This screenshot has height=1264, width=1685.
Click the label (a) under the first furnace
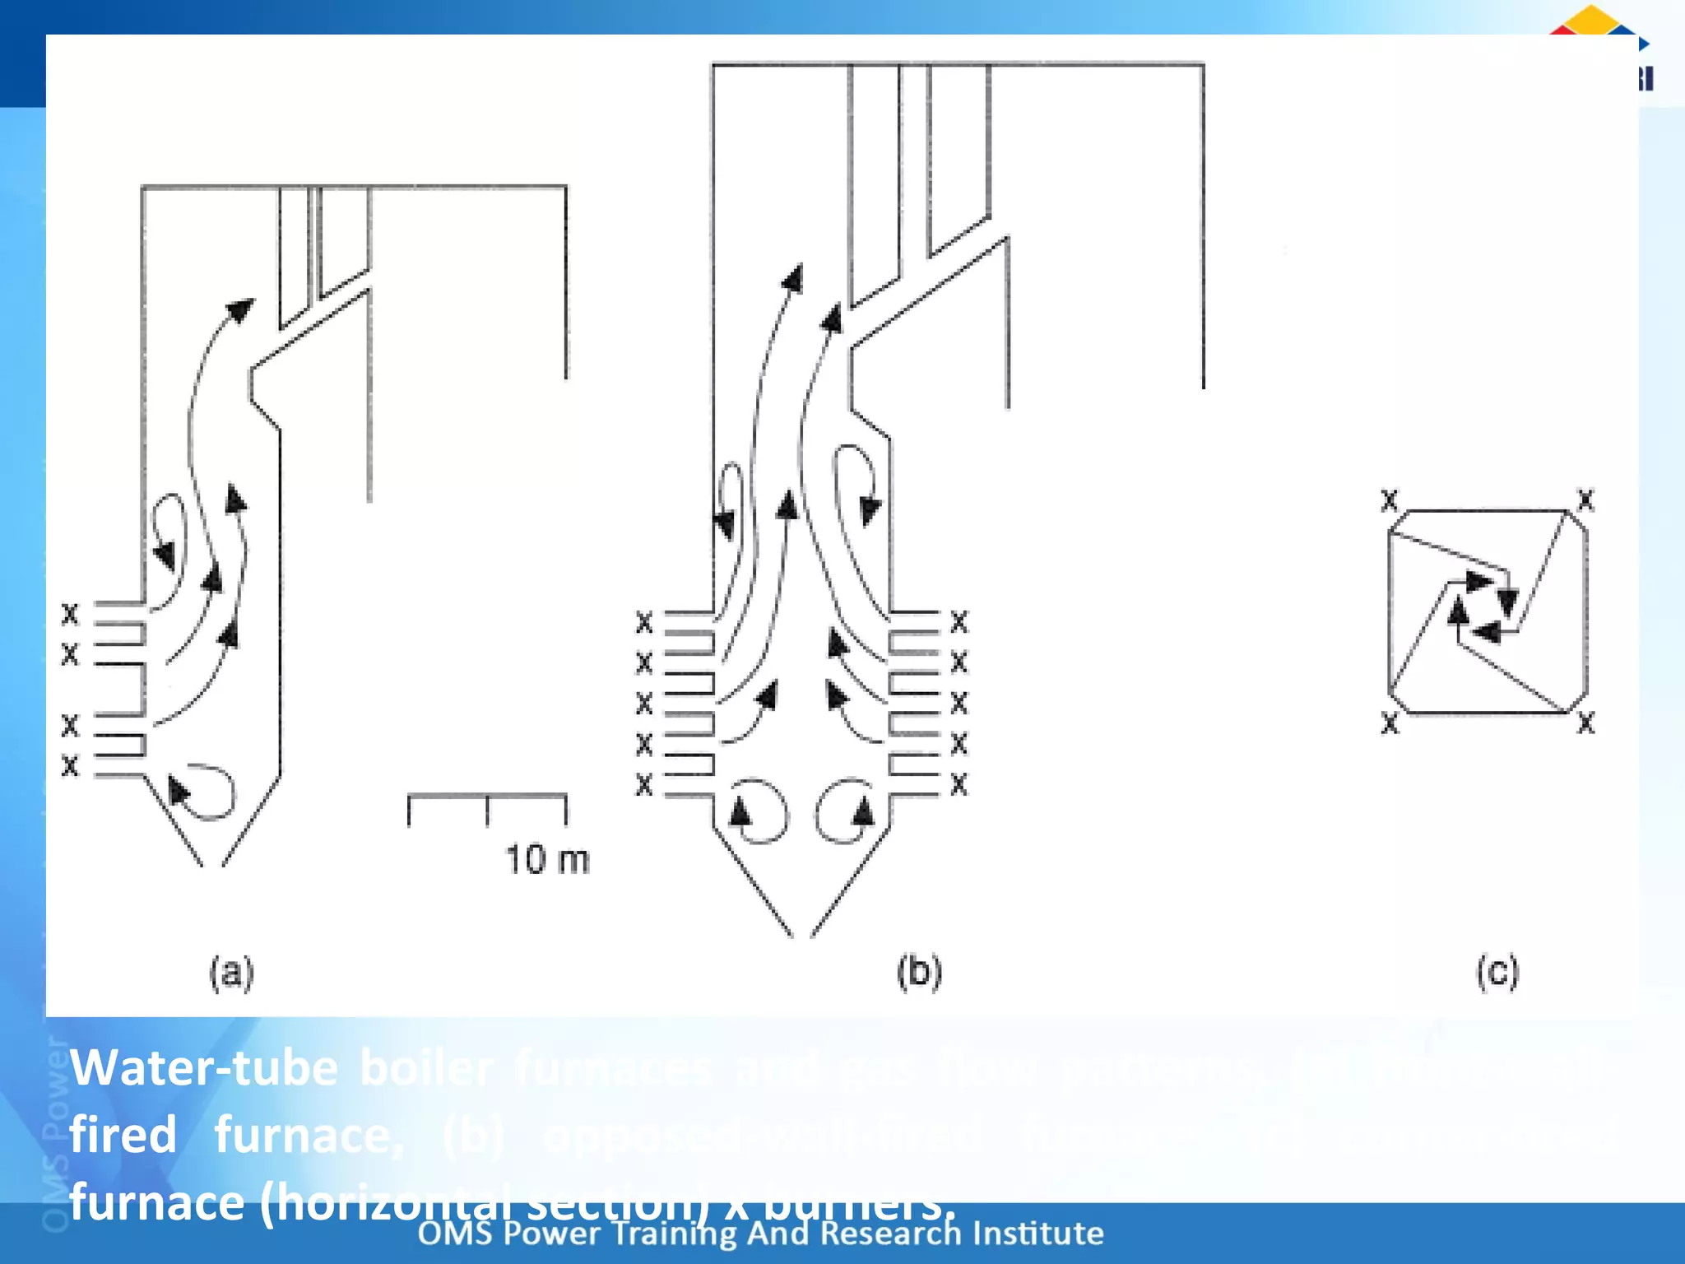click(x=231, y=973)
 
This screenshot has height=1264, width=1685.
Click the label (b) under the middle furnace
click(x=919, y=971)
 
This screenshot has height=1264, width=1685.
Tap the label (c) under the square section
click(x=1497, y=971)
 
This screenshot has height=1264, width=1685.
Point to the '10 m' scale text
click(x=546, y=859)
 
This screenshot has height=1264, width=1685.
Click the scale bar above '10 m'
click(x=487, y=797)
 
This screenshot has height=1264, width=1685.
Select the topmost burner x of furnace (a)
click(x=70, y=613)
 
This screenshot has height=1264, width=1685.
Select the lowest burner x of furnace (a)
click(x=70, y=765)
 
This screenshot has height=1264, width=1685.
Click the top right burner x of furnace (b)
click(x=959, y=621)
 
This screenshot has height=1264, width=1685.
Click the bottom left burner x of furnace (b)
click(x=643, y=784)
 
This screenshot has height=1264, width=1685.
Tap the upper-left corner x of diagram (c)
click(x=1389, y=500)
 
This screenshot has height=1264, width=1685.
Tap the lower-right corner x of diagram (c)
click(x=1586, y=723)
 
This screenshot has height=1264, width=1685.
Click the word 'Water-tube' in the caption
click(x=204, y=1068)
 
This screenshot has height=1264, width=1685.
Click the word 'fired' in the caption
click(x=123, y=1135)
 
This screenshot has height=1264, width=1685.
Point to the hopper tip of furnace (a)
click(x=212, y=865)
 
